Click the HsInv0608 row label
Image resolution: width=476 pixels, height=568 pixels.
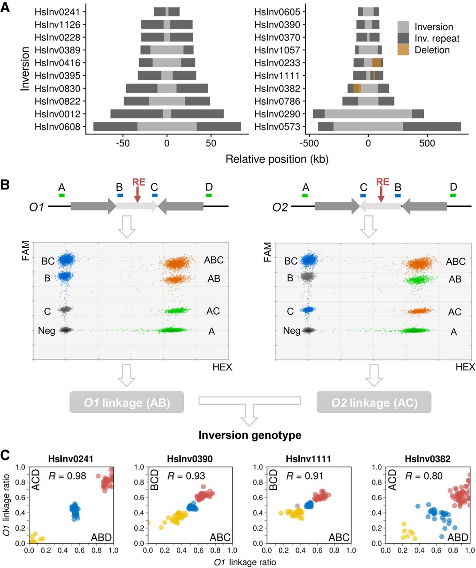[x=58, y=127]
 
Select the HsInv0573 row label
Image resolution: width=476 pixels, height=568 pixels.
[x=277, y=127]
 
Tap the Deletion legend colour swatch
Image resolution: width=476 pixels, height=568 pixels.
[x=403, y=50]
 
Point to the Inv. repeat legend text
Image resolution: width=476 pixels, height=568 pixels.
[x=437, y=39]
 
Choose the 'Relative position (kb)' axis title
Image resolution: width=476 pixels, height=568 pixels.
[x=277, y=159]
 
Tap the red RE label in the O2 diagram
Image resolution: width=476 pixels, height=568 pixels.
[x=382, y=182]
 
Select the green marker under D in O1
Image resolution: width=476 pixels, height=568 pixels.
[x=209, y=195]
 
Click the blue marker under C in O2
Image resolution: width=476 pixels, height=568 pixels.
[x=363, y=195]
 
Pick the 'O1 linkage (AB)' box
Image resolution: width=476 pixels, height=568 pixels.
[x=127, y=402]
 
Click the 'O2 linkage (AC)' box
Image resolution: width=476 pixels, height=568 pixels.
[x=374, y=402]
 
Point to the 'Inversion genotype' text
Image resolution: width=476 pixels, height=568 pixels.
[x=250, y=435]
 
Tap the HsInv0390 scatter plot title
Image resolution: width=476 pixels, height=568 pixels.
[x=190, y=459]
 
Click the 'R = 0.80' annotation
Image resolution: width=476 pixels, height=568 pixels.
[x=424, y=476]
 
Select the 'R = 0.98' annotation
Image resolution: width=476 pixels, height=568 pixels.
[x=67, y=476]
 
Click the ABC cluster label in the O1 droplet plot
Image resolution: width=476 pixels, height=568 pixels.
[x=214, y=260]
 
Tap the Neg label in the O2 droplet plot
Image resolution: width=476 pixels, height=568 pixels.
[x=292, y=331]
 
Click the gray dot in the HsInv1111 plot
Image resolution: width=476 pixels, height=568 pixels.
[x=297, y=506]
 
